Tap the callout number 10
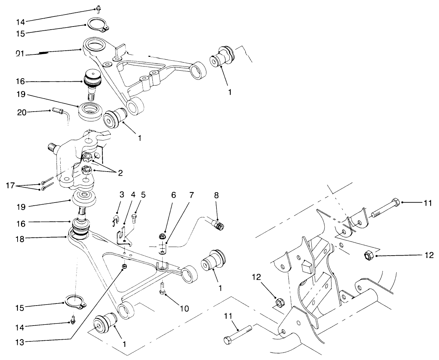coord(184,308)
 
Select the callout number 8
coord(216,195)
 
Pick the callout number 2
coord(120,173)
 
